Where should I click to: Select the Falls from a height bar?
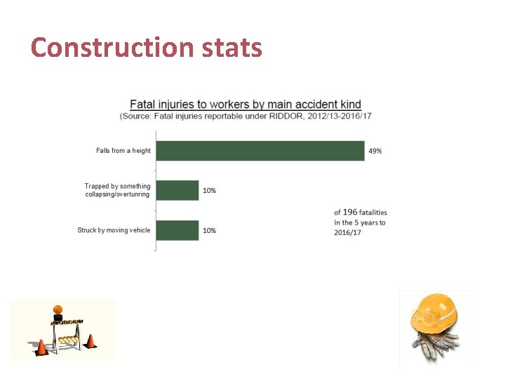[260, 151]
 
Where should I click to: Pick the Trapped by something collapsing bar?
[177, 190]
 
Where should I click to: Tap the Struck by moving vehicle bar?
[177, 230]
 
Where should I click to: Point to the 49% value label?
[375, 152]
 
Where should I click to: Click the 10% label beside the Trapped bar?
[209, 191]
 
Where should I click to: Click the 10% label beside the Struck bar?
[209, 231]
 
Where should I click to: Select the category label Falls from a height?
[123, 151]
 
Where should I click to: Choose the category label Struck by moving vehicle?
[114, 230]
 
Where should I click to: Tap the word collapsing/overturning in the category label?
[117, 194]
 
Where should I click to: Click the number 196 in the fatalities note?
[350, 212]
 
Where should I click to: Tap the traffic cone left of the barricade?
[41, 347]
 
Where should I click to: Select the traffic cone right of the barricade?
[90, 341]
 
